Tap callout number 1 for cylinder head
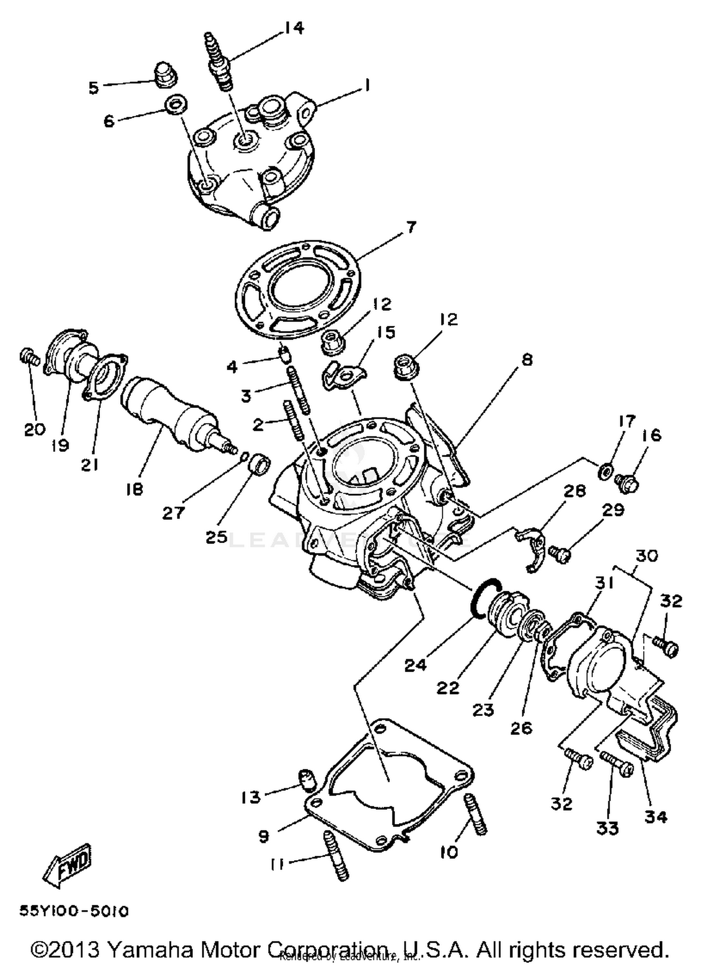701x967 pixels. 367,85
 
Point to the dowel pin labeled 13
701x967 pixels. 306,780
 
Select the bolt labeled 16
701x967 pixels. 627,482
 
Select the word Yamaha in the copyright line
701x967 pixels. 150,949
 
